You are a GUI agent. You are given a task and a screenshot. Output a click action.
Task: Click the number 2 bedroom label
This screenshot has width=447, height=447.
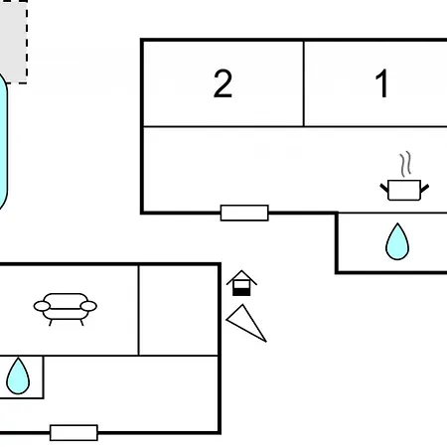click(x=223, y=83)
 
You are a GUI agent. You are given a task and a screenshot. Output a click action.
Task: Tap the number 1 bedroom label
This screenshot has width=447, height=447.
click(x=381, y=83)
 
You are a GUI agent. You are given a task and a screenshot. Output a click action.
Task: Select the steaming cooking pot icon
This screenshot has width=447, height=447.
click(x=404, y=177)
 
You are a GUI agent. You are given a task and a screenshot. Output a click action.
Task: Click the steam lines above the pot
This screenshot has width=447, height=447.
click(x=405, y=164)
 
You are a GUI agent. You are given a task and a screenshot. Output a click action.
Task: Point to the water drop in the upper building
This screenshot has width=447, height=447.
click(x=397, y=241)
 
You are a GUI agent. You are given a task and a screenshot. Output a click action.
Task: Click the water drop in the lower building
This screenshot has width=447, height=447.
click(x=18, y=376)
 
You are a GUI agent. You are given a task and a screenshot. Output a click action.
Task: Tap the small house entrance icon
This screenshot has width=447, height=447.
click(x=241, y=283)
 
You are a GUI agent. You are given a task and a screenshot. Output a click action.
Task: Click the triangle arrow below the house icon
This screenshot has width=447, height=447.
click(x=246, y=323)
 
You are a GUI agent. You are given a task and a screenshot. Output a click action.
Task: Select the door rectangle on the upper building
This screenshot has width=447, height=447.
click(x=244, y=213)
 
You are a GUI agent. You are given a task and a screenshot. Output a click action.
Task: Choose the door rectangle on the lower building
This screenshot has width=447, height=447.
click(x=74, y=433)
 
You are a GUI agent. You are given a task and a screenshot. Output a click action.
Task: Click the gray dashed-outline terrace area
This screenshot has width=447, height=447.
click(x=13, y=42)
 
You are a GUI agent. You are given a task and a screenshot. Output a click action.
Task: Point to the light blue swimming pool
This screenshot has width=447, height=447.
click(x=3, y=142)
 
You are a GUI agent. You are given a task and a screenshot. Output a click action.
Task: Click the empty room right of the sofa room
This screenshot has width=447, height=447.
click(x=179, y=310)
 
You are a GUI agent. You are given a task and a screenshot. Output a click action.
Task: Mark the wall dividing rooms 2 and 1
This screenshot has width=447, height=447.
click(x=304, y=83)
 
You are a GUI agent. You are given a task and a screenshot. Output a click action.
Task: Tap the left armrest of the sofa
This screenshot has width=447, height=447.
click(x=42, y=306)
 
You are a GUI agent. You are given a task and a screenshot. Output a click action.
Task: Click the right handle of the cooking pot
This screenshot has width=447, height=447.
click(x=424, y=189)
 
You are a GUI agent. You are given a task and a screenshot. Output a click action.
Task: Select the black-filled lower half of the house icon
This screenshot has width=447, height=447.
click(x=241, y=292)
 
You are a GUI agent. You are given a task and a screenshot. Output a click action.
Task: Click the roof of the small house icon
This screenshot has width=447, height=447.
click(x=241, y=277)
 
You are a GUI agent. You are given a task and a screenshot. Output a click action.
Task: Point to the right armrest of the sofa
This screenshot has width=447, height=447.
click(x=88, y=306)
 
